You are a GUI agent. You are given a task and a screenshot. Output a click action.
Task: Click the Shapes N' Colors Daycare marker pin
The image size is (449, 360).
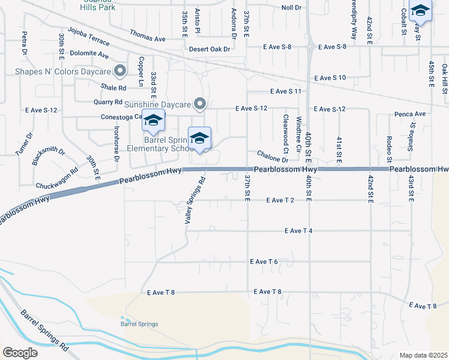pyautogui.click(x=121, y=71)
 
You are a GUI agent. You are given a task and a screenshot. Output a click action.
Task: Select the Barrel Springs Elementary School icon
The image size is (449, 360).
pyautogui.click(x=199, y=139)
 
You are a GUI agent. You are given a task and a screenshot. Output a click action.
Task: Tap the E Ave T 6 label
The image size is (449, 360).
pyautogui.click(x=264, y=262)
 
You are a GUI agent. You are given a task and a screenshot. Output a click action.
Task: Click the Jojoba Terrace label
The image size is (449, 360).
pyautogui.click(x=89, y=37)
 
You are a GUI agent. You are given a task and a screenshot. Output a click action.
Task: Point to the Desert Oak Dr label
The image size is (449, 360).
pyautogui.click(x=209, y=50)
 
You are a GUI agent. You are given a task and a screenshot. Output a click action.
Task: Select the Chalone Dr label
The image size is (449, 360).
pyautogui.click(x=273, y=157)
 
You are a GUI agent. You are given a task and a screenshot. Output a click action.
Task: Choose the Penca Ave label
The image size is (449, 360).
pyautogui.click(x=410, y=113)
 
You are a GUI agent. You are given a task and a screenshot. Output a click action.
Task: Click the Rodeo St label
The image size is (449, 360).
pyautogui.click(x=390, y=149)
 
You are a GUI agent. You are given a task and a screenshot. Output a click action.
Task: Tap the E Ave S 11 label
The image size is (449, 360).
pyautogui.click(x=285, y=91)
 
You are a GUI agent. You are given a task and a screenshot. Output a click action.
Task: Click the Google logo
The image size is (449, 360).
pyautogui.click(x=20, y=352)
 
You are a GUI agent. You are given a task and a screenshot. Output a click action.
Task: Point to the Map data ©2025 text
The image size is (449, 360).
pyautogui.click(x=423, y=355)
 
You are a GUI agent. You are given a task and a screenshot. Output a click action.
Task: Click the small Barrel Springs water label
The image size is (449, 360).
pyautogui.click(x=139, y=324)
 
